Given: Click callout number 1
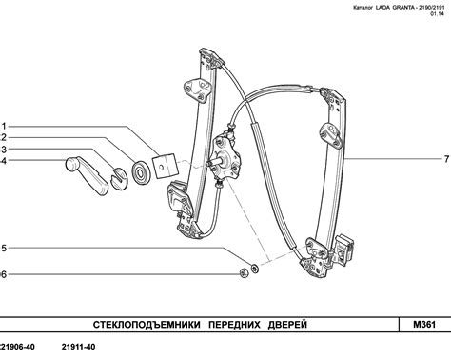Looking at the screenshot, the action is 4,127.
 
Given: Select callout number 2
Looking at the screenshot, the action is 3,137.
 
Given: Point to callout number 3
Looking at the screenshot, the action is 3,150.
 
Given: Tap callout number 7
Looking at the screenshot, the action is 446,159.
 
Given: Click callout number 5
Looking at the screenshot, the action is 3,249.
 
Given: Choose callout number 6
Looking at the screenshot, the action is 3,274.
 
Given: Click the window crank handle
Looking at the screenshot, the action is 87,175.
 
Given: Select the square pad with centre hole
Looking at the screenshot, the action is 165,166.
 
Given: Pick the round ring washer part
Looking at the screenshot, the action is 140,172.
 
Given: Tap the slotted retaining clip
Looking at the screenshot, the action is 119,179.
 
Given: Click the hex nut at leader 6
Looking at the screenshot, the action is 244,273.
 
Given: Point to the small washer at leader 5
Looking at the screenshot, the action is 254,269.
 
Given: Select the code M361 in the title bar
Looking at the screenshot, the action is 424,325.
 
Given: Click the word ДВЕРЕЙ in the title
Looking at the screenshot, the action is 287,325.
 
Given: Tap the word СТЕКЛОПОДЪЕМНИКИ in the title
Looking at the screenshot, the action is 147,325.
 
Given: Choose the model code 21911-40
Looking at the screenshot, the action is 78,347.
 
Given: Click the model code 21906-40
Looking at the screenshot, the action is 17,347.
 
